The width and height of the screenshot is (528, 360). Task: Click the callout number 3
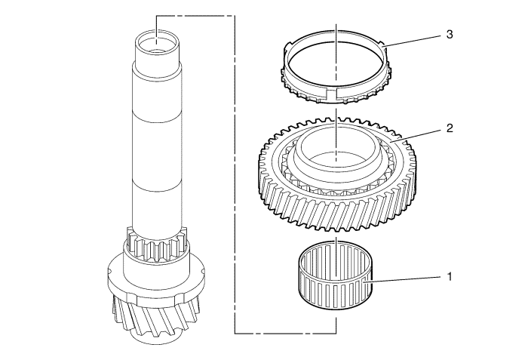(x=450, y=35)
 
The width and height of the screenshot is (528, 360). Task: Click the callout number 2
(x=450, y=128)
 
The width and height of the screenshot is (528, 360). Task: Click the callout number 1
(x=450, y=277)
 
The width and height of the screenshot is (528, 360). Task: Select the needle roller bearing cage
(x=336, y=275)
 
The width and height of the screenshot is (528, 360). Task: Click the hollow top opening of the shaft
(x=157, y=42)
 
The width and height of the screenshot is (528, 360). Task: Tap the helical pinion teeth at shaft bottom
(x=155, y=317)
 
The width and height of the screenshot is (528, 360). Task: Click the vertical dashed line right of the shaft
(x=235, y=174)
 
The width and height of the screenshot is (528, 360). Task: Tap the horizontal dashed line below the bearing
(x=286, y=334)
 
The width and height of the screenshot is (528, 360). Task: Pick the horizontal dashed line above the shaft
(x=195, y=16)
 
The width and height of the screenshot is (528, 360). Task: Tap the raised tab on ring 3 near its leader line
(x=382, y=44)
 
